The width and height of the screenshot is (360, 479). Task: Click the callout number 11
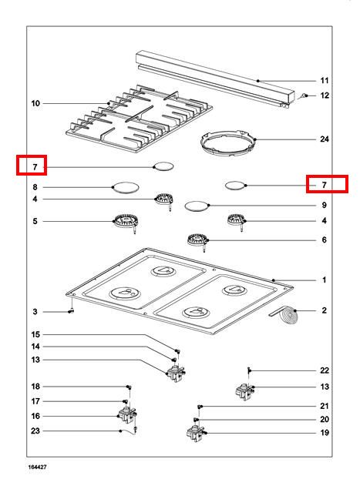pyautogui.click(x=325, y=81)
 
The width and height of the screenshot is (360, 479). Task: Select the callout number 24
pyautogui.click(x=325, y=139)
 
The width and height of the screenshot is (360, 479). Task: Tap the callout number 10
pyautogui.click(x=35, y=103)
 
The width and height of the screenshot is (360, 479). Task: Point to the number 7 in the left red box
pyautogui.click(x=35, y=167)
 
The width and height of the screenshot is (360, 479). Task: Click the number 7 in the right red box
pyautogui.click(x=325, y=185)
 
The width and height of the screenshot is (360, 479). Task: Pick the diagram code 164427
pyautogui.click(x=38, y=467)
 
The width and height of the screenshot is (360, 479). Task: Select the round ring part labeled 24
pyautogui.click(x=228, y=143)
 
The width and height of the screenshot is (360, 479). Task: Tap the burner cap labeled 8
pyautogui.click(x=126, y=187)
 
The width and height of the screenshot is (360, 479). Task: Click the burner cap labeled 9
pyautogui.click(x=197, y=206)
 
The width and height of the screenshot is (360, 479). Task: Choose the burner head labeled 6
pyautogui.click(x=197, y=241)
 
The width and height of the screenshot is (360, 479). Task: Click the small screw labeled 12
pyautogui.click(x=303, y=96)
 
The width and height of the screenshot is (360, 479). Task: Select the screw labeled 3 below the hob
pyautogui.click(x=71, y=311)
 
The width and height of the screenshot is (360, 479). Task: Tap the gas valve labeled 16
pyautogui.click(x=127, y=416)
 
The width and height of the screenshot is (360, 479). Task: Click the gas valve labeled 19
pyautogui.click(x=196, y=434)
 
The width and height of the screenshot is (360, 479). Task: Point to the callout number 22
pyautogui.click(x=325, y=370)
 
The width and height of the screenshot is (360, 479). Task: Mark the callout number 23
pyautogui.click(x=35, y=430)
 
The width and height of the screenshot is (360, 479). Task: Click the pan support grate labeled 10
pyautogui.click(x=140, y=119)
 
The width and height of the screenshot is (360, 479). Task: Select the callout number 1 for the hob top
pyautogui.click(x=325, y=280)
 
